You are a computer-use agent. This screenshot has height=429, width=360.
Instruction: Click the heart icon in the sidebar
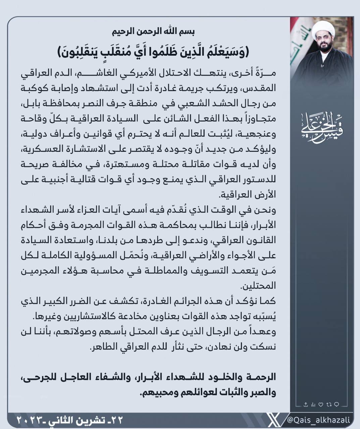click(321, 405)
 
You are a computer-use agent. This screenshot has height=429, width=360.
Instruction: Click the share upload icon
click(306, 405)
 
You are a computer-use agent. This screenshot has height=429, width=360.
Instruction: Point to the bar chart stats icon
click(313, 405)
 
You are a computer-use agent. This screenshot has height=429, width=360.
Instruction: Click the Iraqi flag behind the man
click(300, 44)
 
